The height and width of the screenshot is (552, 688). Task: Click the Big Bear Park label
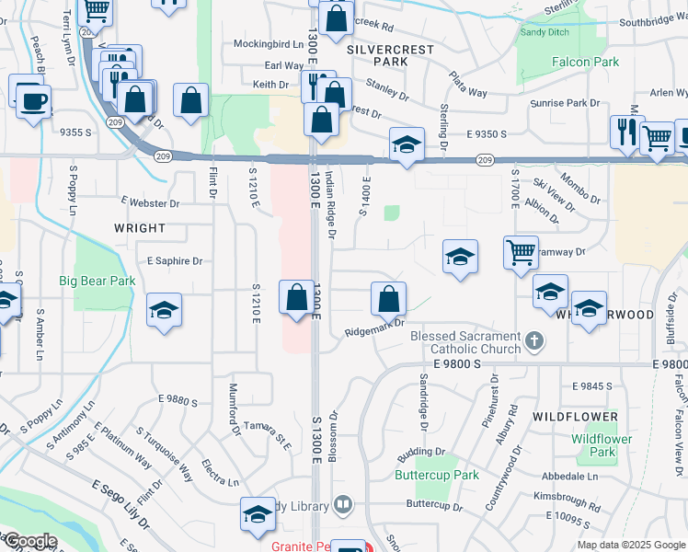point(97,281)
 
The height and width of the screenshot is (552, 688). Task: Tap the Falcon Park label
point(585,62)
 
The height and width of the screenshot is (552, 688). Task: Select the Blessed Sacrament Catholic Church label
point(466,342)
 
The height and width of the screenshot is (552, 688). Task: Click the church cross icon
point(533,342)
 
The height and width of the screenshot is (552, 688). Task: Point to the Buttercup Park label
point(437,475)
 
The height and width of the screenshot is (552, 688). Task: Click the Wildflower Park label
point(602,445)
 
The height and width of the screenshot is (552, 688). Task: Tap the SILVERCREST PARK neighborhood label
point(378,52)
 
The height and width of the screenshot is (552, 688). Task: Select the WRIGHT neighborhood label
point(140,227)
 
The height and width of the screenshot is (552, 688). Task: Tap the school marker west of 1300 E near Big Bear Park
point(164,310)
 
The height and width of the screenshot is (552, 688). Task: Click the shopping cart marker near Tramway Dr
point(521,251)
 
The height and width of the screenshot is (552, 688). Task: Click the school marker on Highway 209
point(407,144)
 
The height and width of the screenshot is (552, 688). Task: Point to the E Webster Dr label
point(151,202)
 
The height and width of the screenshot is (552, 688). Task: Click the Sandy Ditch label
point(545,32)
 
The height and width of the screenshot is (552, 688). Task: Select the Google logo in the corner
point(29,541)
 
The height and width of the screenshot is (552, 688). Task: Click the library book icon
point(342,503)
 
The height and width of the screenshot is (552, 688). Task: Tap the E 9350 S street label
point(487,133)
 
